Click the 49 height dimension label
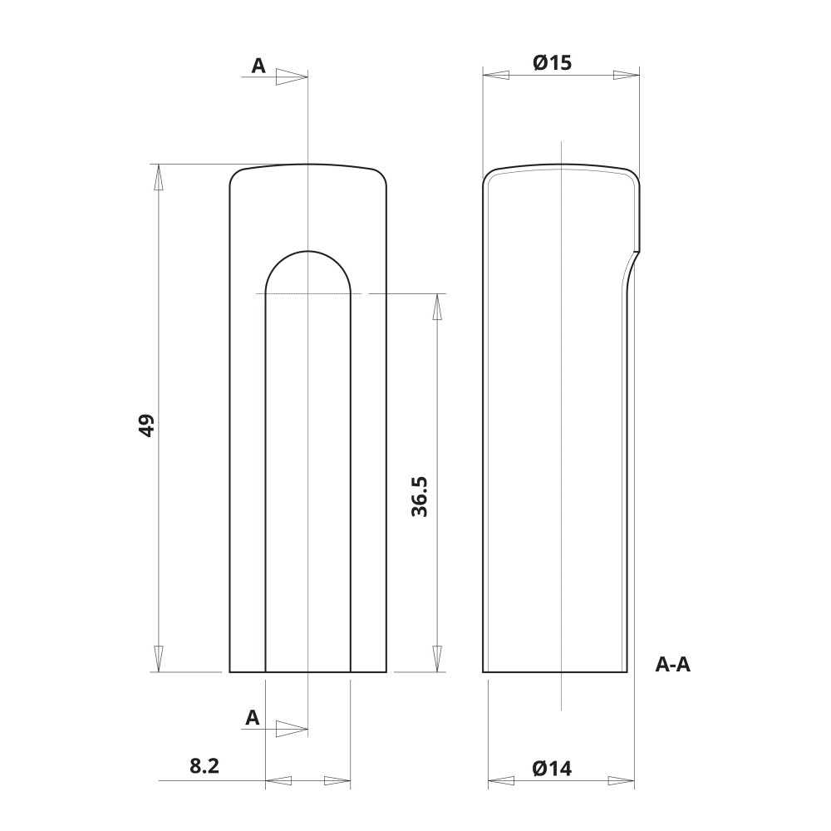(x=145, y=425)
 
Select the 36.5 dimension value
(x=419, y=497)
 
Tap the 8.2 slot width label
(x=204, y=765)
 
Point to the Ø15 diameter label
(x=553, y=63)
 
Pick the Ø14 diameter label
(x=553, y=768)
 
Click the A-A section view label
(x=673, y=664)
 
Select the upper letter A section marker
(x=258, y=66)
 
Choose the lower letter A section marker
(x=253, y=718)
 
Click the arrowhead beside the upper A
(x=291, y=76)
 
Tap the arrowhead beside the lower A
(x=291, y=730)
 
